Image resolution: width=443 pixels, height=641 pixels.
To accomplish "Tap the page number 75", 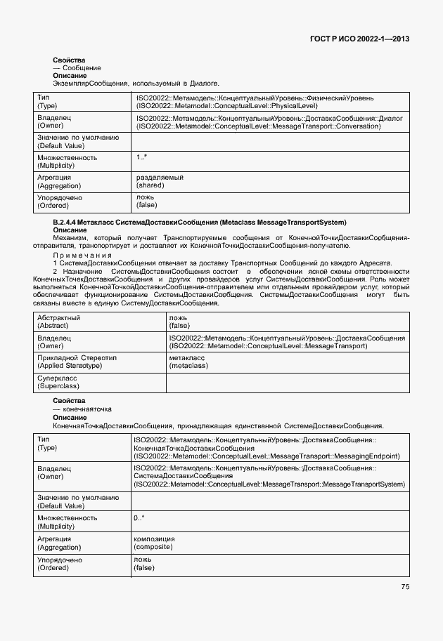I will [405, 587].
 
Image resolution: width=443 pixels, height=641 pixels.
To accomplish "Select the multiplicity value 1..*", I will [142, 157].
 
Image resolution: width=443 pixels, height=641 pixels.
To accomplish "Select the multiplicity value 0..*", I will [139, 517].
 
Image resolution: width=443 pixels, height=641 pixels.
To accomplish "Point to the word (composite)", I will [153, 546].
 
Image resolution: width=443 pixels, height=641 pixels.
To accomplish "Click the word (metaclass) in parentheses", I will [188, 366].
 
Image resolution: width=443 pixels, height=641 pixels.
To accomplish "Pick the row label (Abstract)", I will [53, 326].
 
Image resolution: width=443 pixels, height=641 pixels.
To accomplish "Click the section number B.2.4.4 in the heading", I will [65, 222].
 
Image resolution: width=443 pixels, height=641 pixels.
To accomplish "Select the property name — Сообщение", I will [77, 68].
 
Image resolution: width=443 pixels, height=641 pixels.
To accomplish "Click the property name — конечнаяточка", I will [82, 409].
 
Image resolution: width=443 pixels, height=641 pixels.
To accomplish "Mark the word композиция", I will [154, 538].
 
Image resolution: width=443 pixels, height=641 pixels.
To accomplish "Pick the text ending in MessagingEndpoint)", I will [267, 456].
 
